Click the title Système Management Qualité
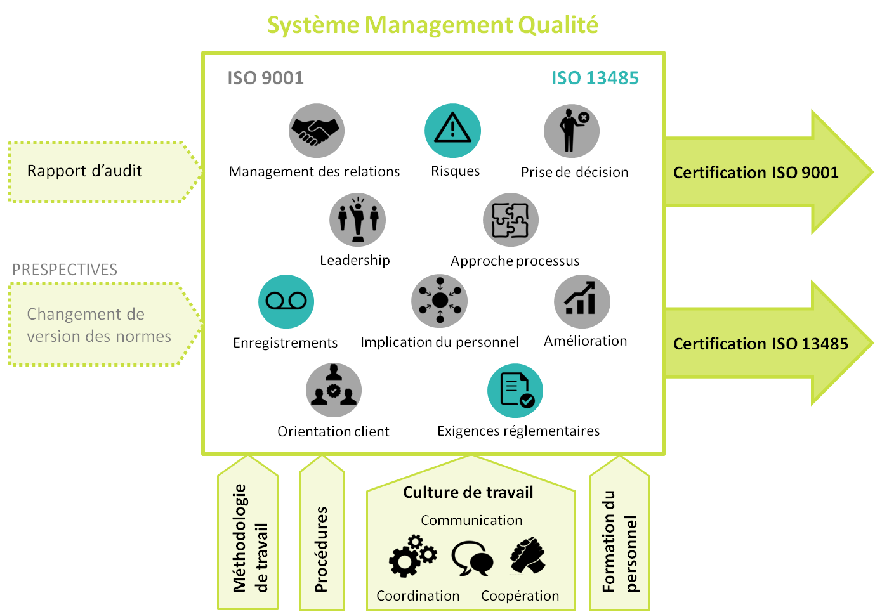point(432,25)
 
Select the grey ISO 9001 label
point(265,78)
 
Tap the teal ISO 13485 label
point(595,78)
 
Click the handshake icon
point(317,131)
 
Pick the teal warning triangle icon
point(452,131)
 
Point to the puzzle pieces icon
point(511,220)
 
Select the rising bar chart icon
point(582,301)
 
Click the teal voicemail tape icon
point(286,301)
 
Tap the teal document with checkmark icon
point(515,391)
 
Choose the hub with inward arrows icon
point(439,301)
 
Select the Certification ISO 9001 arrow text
point(755,173)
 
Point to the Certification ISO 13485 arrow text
point(760,344)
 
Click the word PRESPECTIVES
point(65,270)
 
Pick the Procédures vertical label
point(322,549)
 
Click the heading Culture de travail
point(468,493)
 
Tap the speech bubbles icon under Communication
point(473,558)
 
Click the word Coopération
point(520,596)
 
